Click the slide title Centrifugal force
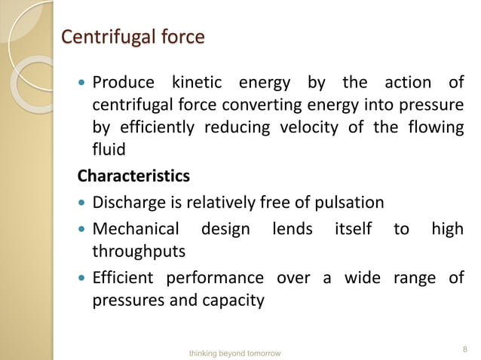pyautogui.click(x=132, y=36)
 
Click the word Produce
pyautogui.click(x=123, y=82)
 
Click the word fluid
pyautogui.click(x=109, y=150)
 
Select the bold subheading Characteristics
pyautogui.click(x=134, y=176)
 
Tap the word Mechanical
pyautogui.click(x=136, y=229)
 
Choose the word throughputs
pyautogui.click(x=138, y=251)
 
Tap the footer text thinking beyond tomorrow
pyautogui.click(x=234, y=352)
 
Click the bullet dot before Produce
pyautogui.click(x=83, y=83)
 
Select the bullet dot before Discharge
pyautogui.click(x=83, y=203)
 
